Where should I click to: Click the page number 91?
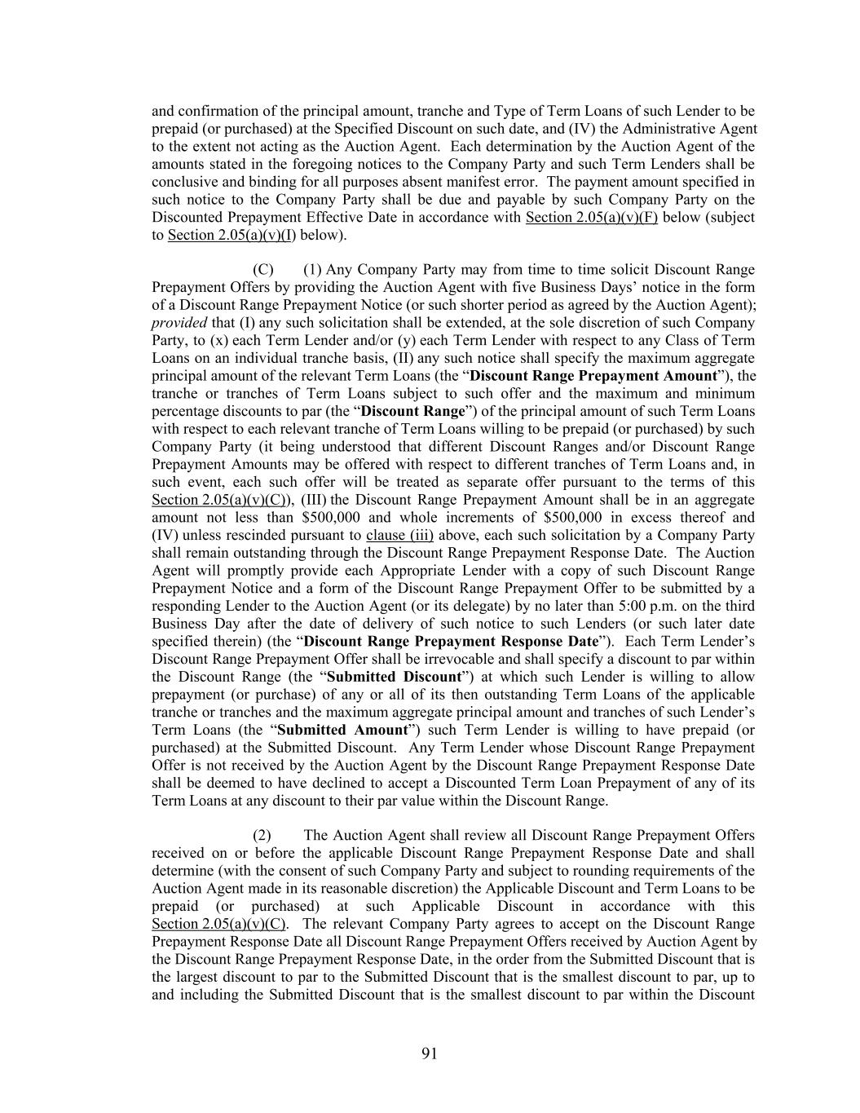coord(430,1053)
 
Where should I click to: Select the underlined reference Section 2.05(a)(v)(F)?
coord(592,218)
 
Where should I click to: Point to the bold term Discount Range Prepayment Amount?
coord(594,376)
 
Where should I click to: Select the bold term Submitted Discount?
coord(394,677)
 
